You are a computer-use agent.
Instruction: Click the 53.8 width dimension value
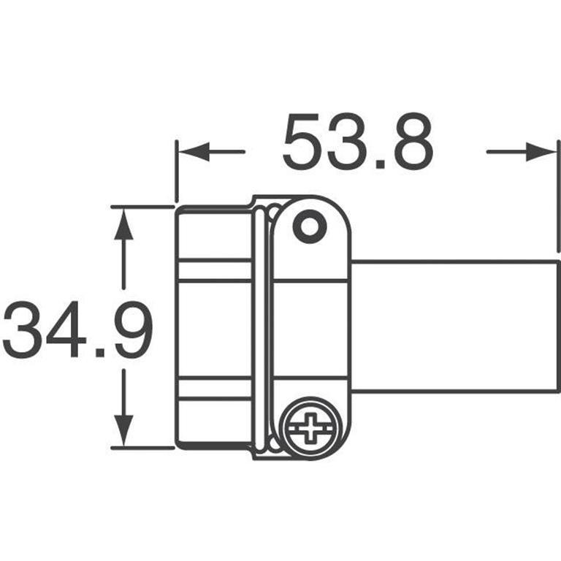[x=358, y=142]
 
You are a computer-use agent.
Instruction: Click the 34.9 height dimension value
[x=78, y=329]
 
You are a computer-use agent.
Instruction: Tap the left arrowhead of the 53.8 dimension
[x=194, y=152]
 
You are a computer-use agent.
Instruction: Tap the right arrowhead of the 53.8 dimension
[x=541, y=152]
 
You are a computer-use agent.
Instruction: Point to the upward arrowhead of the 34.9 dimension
[x=123, y=224]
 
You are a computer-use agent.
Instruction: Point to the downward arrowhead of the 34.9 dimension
[x=123, y=430]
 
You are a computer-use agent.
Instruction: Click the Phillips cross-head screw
[x=310, y=427]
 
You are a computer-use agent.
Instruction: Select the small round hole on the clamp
[x=310, y=226]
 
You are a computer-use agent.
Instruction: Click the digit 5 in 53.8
[x=301, y=142]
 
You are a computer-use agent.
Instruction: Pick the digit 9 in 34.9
[x=134, y=329]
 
